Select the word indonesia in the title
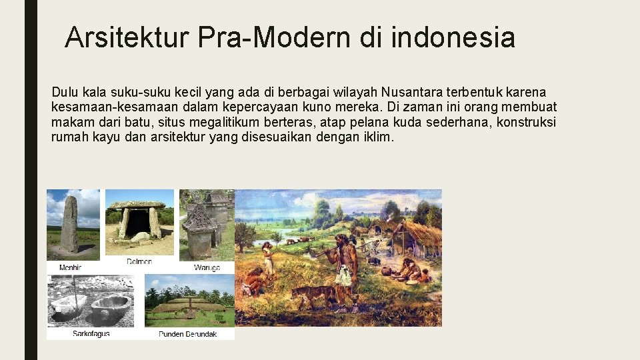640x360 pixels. pyautogui.click(x=453, y=38)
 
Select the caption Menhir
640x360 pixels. pyautogui.click(x=71, y=267)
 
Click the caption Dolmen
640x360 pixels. pyautogui.click(x=140, y=262)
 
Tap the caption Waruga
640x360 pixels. pyautogui.click(x=207, y=267)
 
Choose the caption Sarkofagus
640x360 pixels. pyautogui.click(x=91, y=333)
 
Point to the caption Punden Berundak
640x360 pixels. pyautogui.click(x=187, y=333)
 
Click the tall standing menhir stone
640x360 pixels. pyautogui.click(x=69, y=223)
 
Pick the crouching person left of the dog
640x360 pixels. pyautogui.click(x=253, y=280)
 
